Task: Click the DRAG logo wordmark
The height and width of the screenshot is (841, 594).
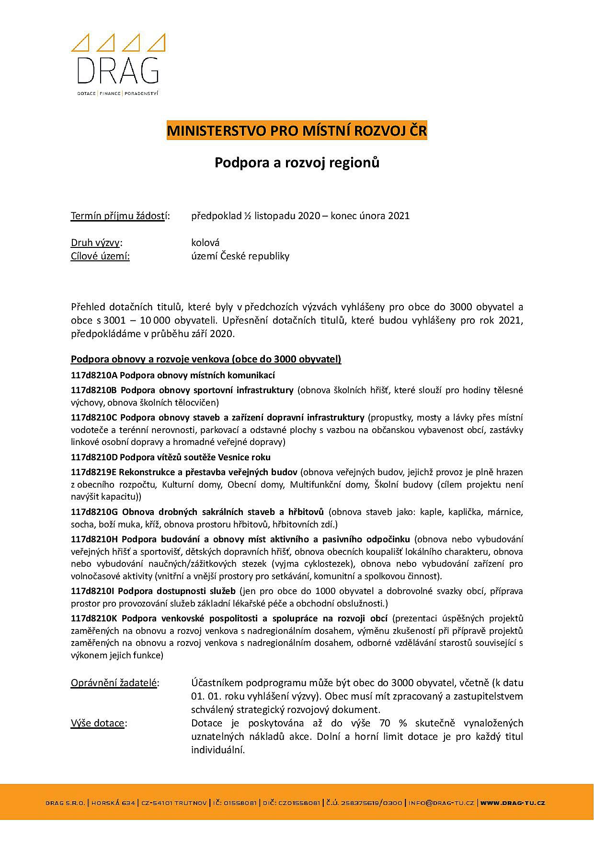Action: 118,70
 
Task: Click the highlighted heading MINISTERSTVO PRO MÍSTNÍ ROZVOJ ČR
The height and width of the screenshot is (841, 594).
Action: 297,131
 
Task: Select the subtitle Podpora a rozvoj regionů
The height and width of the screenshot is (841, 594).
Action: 297,163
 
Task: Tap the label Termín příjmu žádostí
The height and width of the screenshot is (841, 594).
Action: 119,216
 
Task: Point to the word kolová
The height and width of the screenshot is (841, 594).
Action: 205,243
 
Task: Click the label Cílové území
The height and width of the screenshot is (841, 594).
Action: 100,256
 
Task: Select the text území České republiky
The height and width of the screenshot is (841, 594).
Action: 240,256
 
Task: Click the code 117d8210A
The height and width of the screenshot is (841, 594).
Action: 94,375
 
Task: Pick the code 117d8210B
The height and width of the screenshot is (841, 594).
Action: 94,390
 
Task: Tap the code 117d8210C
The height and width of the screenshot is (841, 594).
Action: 94,417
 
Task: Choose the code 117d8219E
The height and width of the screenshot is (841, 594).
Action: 94,472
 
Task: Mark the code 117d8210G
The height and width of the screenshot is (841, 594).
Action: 94,512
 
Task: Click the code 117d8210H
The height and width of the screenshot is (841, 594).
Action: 94,539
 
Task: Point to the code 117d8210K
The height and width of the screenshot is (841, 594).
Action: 94,618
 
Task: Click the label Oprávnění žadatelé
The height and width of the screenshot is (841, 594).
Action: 114,683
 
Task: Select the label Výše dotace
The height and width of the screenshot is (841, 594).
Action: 98,723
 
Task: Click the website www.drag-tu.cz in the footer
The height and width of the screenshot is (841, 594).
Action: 513,803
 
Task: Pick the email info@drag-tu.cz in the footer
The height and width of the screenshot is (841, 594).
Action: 441,803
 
